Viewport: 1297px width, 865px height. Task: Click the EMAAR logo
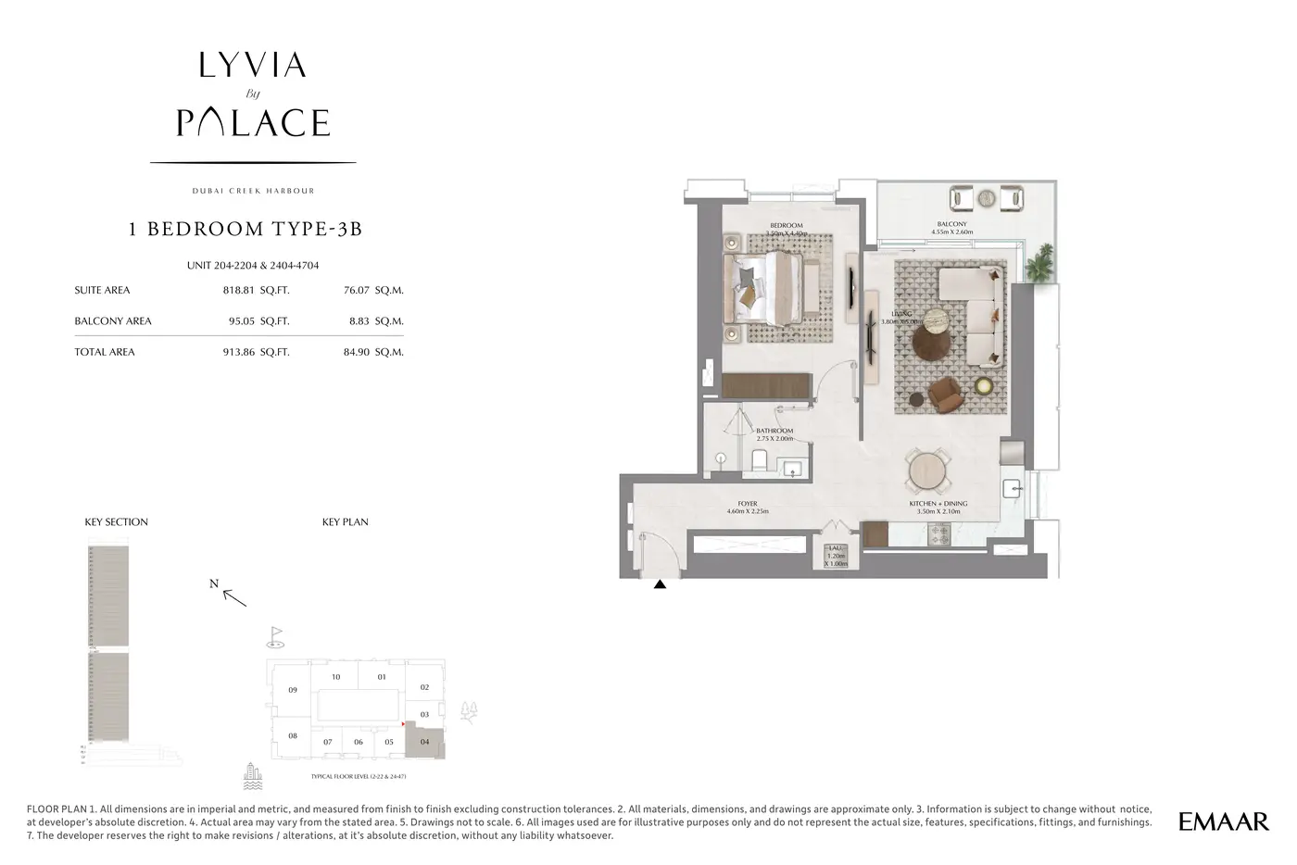(x=1223, y=821)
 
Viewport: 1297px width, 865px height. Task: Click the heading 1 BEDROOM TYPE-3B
(x=246, y=230)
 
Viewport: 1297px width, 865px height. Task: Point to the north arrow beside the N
(x=236, y=597)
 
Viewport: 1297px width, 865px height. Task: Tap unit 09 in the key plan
(x=293, y=691)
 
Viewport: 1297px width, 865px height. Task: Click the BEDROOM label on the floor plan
(x=786, y=226)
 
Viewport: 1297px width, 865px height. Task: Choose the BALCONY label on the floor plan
(x=951, y=224)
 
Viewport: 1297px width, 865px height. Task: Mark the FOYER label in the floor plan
(x=747, y=504)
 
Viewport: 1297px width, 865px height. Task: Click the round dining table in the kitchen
(x=928, y=470)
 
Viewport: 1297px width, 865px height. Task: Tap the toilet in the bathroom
(x=758, y=460)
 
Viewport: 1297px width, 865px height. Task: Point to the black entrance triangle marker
(x=660, y=584)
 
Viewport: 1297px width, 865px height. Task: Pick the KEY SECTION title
(x=117, y=522)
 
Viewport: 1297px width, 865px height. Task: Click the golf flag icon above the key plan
(x=275, y=635)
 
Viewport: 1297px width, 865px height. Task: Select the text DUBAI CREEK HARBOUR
(x=253, y=191)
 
